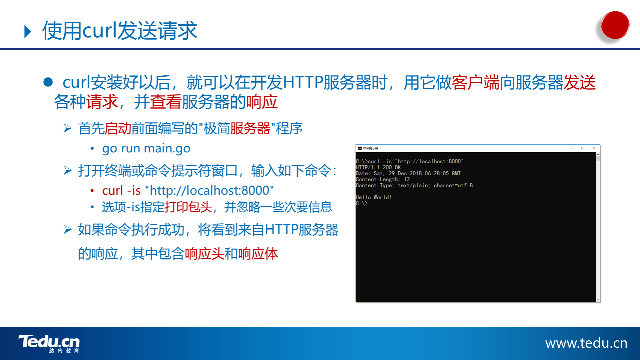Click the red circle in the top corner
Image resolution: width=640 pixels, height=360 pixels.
615,25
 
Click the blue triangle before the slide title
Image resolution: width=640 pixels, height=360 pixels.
28,32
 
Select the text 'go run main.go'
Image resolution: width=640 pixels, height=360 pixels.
146,148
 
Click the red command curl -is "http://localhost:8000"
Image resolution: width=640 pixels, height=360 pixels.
188,190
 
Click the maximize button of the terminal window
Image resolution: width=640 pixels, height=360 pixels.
583,148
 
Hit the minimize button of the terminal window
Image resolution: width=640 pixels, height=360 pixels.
571,148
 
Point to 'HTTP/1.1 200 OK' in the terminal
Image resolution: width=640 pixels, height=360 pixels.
378,167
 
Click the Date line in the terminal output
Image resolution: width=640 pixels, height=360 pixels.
408,173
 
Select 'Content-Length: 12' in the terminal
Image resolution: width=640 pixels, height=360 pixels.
383,179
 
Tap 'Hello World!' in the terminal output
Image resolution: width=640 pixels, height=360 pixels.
374,197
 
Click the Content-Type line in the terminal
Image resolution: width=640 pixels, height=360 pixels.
414,185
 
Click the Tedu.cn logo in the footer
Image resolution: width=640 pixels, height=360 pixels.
49,344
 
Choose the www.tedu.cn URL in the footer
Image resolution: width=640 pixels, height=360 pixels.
586,343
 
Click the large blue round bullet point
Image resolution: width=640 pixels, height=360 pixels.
48,82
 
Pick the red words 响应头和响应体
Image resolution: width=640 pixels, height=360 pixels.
231,254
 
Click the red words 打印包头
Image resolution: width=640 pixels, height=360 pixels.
188,207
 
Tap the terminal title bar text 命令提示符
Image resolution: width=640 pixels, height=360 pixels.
371,148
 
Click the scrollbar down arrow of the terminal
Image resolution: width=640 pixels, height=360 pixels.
598,300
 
